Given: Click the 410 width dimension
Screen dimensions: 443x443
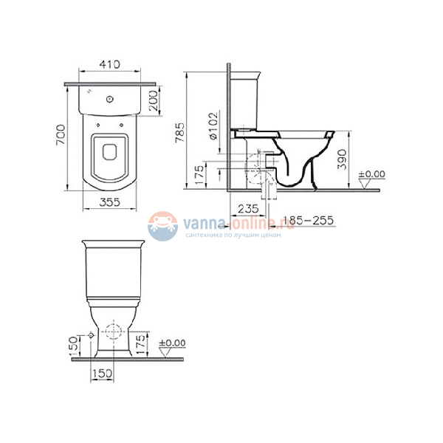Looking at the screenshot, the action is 109,64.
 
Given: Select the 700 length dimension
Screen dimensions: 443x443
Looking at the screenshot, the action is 61,135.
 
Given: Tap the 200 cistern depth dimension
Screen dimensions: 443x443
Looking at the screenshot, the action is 154,100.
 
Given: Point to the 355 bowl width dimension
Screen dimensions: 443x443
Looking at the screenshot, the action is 109,202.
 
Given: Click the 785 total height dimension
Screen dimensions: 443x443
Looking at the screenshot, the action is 180,132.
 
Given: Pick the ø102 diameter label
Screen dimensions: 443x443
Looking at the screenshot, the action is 213,126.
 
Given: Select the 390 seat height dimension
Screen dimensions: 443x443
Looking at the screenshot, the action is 342,159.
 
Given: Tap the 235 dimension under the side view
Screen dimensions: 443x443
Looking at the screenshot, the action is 248,209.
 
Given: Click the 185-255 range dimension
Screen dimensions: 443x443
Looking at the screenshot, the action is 308,220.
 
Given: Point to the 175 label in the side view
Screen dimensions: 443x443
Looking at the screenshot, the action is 199,175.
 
